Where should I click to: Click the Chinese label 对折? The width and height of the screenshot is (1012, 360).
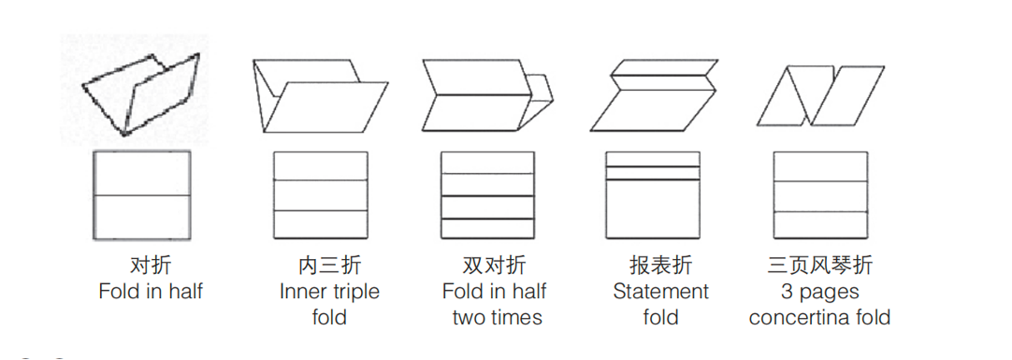pyautogui.click(x=151, y=265)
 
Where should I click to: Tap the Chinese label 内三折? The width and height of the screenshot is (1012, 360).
pyautogui.click(x=330, y=265)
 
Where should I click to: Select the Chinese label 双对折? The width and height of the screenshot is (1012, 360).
pyautogui.click(x=495, y=265)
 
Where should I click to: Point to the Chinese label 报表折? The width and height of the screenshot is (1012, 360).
pyautogui.click(x=661, y=265)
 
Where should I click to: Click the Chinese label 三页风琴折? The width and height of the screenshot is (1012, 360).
pyautogui.click(x=819, y=265)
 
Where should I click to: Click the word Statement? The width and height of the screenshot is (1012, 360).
pyautogui.click(x=661, y=292)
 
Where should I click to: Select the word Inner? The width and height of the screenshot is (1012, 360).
pyautogui.click(x=303, y=292)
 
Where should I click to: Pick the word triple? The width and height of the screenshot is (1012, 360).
pyautogui.click(x=355, y=293)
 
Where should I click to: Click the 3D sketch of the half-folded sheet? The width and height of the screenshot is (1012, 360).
pyautogui.click(x=140, y=94)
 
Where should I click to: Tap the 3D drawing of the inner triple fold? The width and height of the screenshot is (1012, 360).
pyautogui.click(x=320, y=96)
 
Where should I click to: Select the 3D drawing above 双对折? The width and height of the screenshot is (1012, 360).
pyautogui.click(x=487, y=95)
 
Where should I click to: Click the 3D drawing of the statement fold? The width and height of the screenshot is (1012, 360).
pyautogui.click(x=653, y=95)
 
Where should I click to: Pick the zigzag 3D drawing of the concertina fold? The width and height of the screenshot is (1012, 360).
pyautogui.click(x=820, y=95)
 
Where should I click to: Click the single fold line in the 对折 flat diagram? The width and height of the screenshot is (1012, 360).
pyautogui.click(x=142, y=194)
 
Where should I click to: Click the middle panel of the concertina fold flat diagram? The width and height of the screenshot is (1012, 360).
pyautogui.click(x=820, y=196)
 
